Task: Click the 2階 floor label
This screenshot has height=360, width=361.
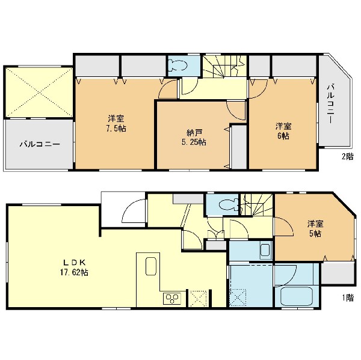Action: tap(347, 157)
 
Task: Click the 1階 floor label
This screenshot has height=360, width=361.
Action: tap(348, 298)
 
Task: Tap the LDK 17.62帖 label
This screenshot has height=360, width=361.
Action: tap(74, 267)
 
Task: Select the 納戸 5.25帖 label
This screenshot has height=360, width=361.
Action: tap(194, 138)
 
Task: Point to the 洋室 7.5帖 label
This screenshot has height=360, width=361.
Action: tap(116, 124)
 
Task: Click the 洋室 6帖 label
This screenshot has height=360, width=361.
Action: tap(283, 131)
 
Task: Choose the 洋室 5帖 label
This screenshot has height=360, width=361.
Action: tap(315, 228)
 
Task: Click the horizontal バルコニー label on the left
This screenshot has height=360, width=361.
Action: tap(40, 144)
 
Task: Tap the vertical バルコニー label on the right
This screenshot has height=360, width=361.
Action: tap(331, 104)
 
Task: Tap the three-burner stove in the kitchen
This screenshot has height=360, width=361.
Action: tap(172, 299)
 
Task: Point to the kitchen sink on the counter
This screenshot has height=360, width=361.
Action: tap(151, 266)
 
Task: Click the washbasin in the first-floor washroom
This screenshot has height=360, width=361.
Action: tap(266, 249)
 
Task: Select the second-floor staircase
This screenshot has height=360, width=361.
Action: tap(224, 67)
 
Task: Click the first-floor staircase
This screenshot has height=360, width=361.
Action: tap(257, 205)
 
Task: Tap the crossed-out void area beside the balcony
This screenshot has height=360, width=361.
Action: tap(39, 92)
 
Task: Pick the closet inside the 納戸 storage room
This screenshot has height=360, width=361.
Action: tap(239, 147)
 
